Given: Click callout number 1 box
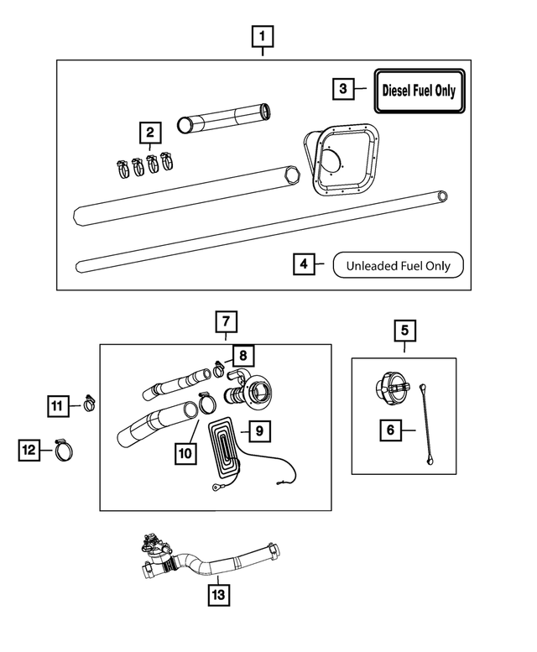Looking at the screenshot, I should pos(263,37).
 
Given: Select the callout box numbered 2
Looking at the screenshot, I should pos(150,133).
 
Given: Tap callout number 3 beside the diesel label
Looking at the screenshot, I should pos(342,88).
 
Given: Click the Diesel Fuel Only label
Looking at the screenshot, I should pos(420,89).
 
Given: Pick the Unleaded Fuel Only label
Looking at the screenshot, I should pos(398,266).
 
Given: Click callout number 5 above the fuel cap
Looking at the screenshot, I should pos(404,330).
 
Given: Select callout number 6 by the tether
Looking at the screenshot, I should pos(390,430).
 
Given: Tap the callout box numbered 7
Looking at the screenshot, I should pos(226,321).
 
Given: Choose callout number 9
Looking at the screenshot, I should pos(259,430).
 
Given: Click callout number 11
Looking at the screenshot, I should pos(55,406).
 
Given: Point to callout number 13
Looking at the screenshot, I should pos(218,594).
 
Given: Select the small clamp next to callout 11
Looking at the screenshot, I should pos(87,404).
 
